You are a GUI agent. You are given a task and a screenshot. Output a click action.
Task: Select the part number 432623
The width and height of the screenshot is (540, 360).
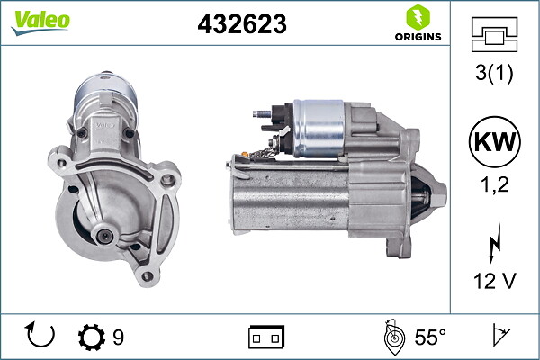[241, 25]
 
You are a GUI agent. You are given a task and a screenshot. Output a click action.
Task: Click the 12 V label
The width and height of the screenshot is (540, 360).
[493, 282]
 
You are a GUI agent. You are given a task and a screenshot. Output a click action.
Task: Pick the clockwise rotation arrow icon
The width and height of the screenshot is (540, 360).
[41, 337]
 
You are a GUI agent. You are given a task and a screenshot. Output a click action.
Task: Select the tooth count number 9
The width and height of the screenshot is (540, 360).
[118, 337]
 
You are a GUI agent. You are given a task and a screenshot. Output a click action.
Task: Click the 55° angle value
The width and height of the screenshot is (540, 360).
[430, 337]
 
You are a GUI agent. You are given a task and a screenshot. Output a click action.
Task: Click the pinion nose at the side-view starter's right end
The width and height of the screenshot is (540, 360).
[437, 193]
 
